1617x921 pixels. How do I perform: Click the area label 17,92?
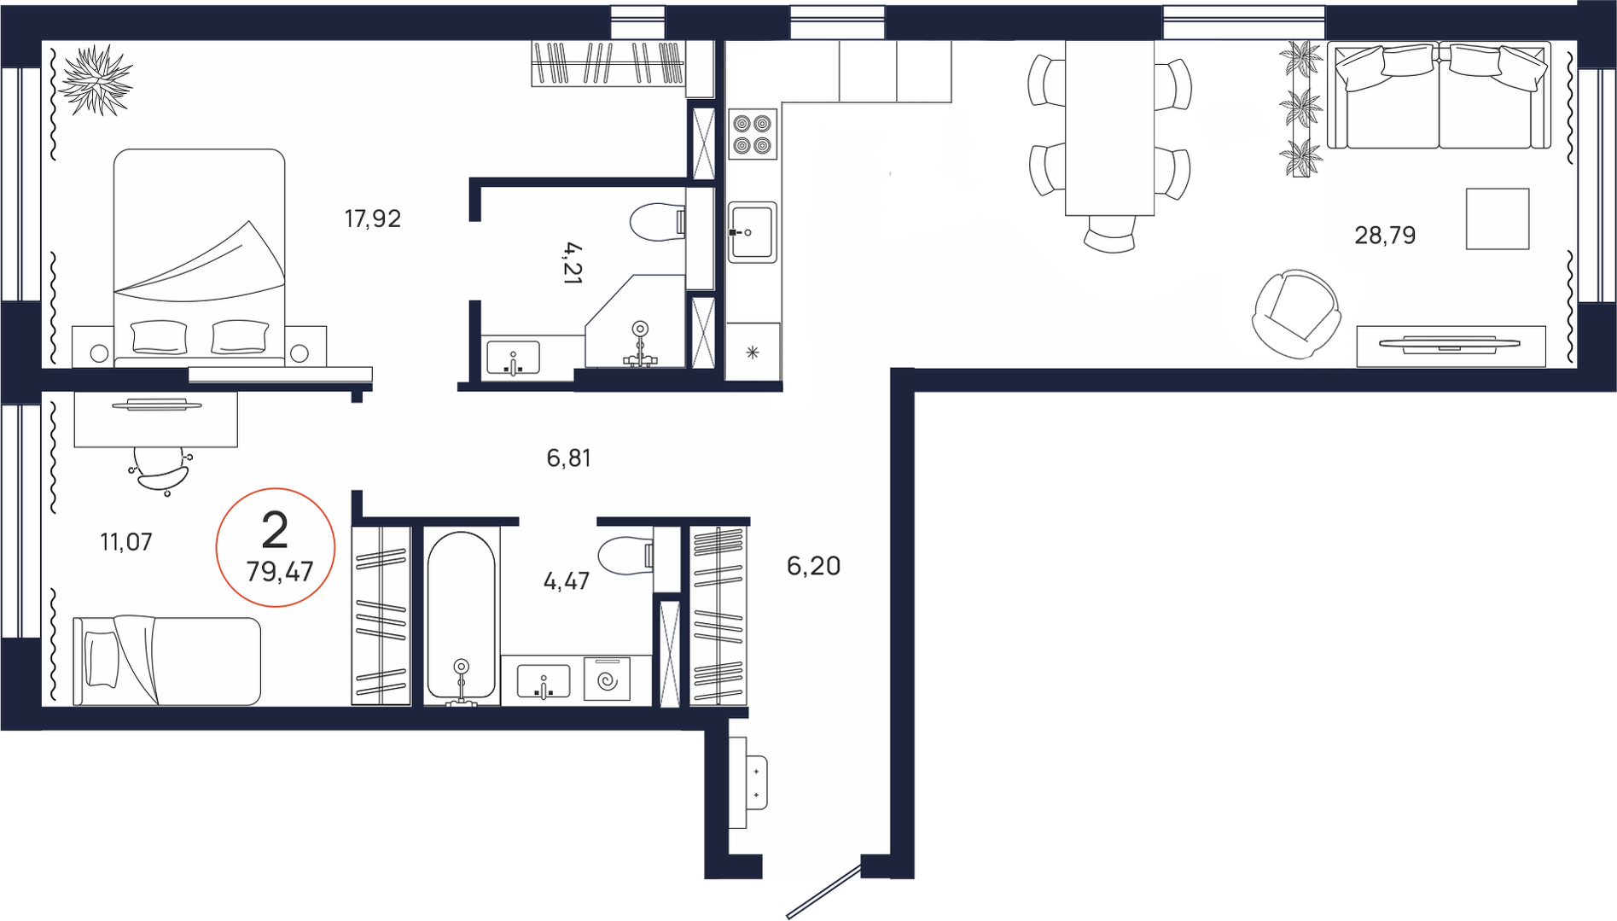372,219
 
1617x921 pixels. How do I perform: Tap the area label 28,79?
1385,235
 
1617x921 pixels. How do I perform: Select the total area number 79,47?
280,570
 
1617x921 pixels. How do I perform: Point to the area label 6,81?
568,458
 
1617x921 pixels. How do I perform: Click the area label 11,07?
126,541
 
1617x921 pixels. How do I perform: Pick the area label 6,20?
813,566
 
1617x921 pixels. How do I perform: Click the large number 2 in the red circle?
275,531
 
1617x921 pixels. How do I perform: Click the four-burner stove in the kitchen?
753,134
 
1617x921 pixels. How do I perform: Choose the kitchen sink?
752,232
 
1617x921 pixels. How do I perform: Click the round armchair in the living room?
1295,314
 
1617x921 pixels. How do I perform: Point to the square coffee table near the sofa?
1498,219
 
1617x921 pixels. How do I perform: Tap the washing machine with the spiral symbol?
607,679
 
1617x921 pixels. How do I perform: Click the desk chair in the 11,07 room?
162,470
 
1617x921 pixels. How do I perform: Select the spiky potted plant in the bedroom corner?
96,79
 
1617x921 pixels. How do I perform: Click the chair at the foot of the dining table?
1109,233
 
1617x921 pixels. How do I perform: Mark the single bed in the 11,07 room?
166,662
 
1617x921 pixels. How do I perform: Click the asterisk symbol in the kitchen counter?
752,352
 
